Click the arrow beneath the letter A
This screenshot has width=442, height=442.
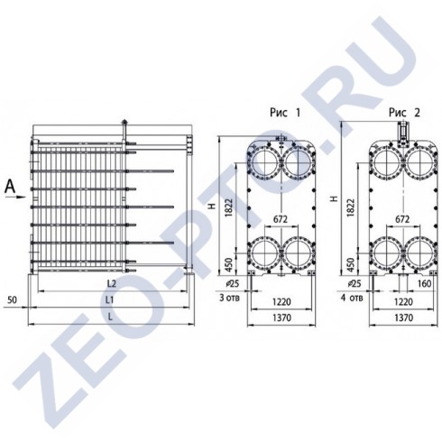[x=20, y=198]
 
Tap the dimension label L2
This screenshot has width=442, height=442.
[x=112, y=283]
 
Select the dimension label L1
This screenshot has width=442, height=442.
[x=110, y=299]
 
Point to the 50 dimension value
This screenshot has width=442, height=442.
[x=12, y=299]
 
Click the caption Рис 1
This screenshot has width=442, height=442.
[x=285, y=113]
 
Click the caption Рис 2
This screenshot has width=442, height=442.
[x=404, y=113]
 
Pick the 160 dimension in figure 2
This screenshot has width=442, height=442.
[x=425, y=283]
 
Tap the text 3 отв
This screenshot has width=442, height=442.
[x=230, y=298]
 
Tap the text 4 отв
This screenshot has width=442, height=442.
[x=352, y=298]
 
